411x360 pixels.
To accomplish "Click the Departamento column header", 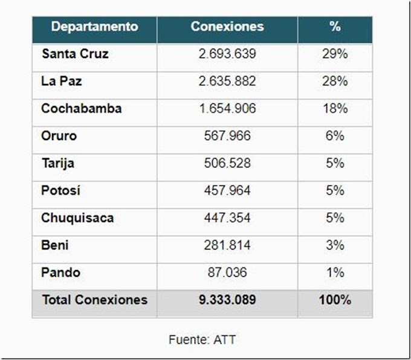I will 94,27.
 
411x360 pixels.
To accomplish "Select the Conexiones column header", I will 227,27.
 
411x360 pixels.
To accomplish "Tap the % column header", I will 335,27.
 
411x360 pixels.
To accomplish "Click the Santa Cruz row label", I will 75,54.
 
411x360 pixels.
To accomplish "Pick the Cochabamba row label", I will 81,109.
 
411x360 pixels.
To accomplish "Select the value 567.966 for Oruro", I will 227,136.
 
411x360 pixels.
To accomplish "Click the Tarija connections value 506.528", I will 227,163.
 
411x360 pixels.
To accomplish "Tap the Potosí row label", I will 60,191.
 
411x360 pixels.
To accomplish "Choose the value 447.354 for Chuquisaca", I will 227,218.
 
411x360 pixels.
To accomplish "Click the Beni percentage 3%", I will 335,245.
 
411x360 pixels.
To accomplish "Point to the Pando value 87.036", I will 227,272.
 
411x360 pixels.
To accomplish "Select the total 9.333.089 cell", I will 227,300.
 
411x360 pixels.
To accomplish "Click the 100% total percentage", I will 335,300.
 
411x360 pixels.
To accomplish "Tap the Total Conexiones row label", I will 94,300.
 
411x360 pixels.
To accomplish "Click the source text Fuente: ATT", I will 202,339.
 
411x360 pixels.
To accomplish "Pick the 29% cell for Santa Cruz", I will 335,54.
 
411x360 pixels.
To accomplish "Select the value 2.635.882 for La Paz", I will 227,81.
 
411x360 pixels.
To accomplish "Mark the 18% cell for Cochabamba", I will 335,109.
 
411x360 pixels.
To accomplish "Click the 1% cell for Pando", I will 335,272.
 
